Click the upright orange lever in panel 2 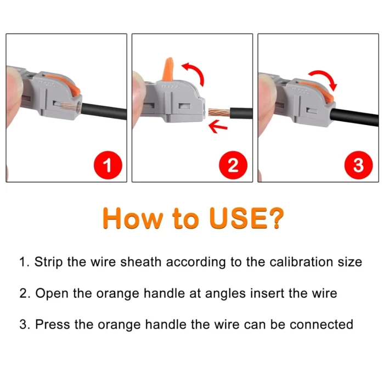tap(168, 71)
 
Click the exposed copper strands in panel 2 tap(219, 114)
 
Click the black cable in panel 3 tap(357, 116)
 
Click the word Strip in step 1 tap(48, 262)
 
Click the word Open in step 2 tap(51, 293)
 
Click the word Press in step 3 tap(53, 324)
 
